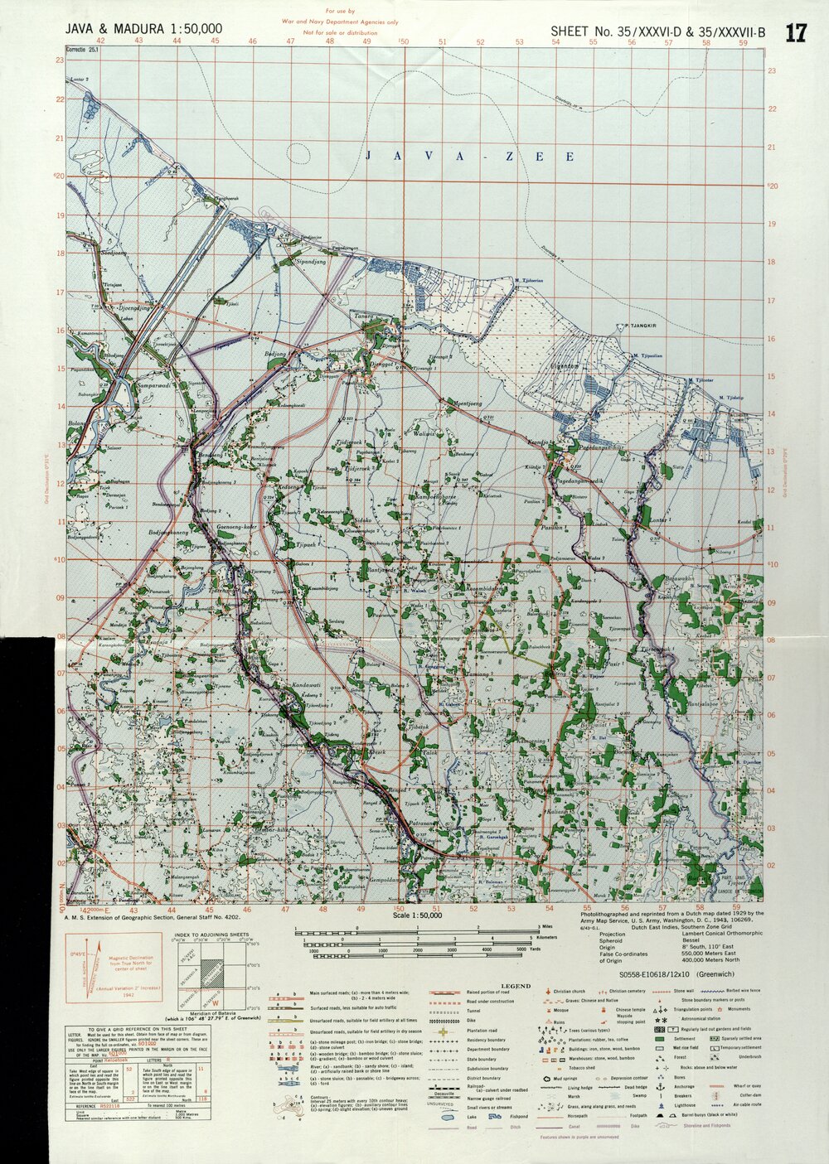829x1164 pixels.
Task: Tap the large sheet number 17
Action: click(796, 33)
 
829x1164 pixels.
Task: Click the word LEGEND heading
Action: click(514, 986)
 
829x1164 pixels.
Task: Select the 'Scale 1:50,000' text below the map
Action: click(418, 915)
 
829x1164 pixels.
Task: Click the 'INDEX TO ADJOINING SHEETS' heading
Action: click(210, 935)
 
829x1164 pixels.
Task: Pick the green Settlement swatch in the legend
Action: click(659, 1038)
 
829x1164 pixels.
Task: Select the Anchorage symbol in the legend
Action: click(659, 1086)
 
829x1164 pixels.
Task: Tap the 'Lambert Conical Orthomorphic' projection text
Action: click(722, 933)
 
